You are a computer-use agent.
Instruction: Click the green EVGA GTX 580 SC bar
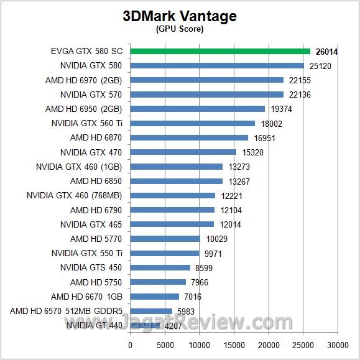coord(220,51)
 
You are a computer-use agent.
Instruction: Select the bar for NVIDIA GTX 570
coord(206,95)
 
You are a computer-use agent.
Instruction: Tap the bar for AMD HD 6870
coord(189,138)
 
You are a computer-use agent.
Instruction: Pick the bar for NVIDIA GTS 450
coord(160,267)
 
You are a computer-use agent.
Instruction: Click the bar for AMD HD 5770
coord(165,239)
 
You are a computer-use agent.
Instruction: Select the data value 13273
coord(239,167)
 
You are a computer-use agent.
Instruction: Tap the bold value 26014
coord(328,51)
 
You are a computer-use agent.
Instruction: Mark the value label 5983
coord(186,311)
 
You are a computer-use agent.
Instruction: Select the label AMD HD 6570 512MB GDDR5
coord(65,311)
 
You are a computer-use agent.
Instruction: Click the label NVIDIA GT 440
coord(94,325)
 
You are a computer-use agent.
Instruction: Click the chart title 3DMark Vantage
coord(180,16)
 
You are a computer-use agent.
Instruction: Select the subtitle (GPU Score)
coord(180,29)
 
